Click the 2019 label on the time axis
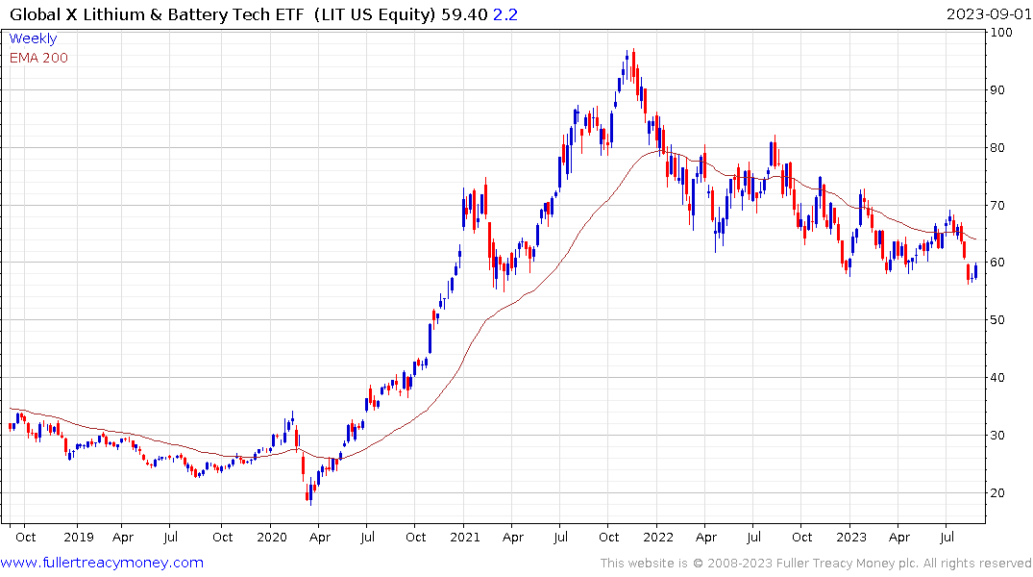click(78, 538)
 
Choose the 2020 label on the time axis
click(272, 538)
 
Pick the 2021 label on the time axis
click(465, 538)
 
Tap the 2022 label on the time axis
click(658, 538)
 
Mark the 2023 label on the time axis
click(851, 538)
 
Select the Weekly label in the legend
click(33, 39)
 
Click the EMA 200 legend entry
click(38, 58)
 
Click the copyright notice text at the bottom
click(816, 563)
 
